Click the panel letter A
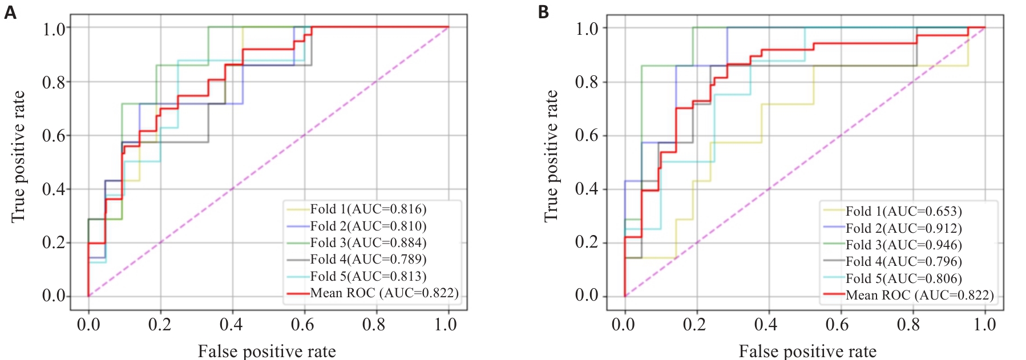pos(10,12)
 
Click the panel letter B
pos(543,12)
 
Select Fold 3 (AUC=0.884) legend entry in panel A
pos(368,242)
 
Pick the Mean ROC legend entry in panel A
pos(384,293)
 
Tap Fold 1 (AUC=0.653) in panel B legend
pos(903,211)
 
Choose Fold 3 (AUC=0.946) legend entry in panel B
pos(903,245)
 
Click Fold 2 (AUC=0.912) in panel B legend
pos(903,228)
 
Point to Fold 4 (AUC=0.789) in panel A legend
pos(368,259)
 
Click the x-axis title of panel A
pos(266,350)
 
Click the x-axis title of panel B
pos(807,350)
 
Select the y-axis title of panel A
pos(18,156)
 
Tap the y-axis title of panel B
pos(551,156)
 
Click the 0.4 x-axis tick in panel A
pos(231,325)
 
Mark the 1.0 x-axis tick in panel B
pos(984,325)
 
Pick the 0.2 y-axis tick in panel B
pos(587,242)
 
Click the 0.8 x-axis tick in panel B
pos(908,325)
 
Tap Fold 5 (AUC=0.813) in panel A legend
pos(368,276)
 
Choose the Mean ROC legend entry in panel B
pos(919,295)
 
